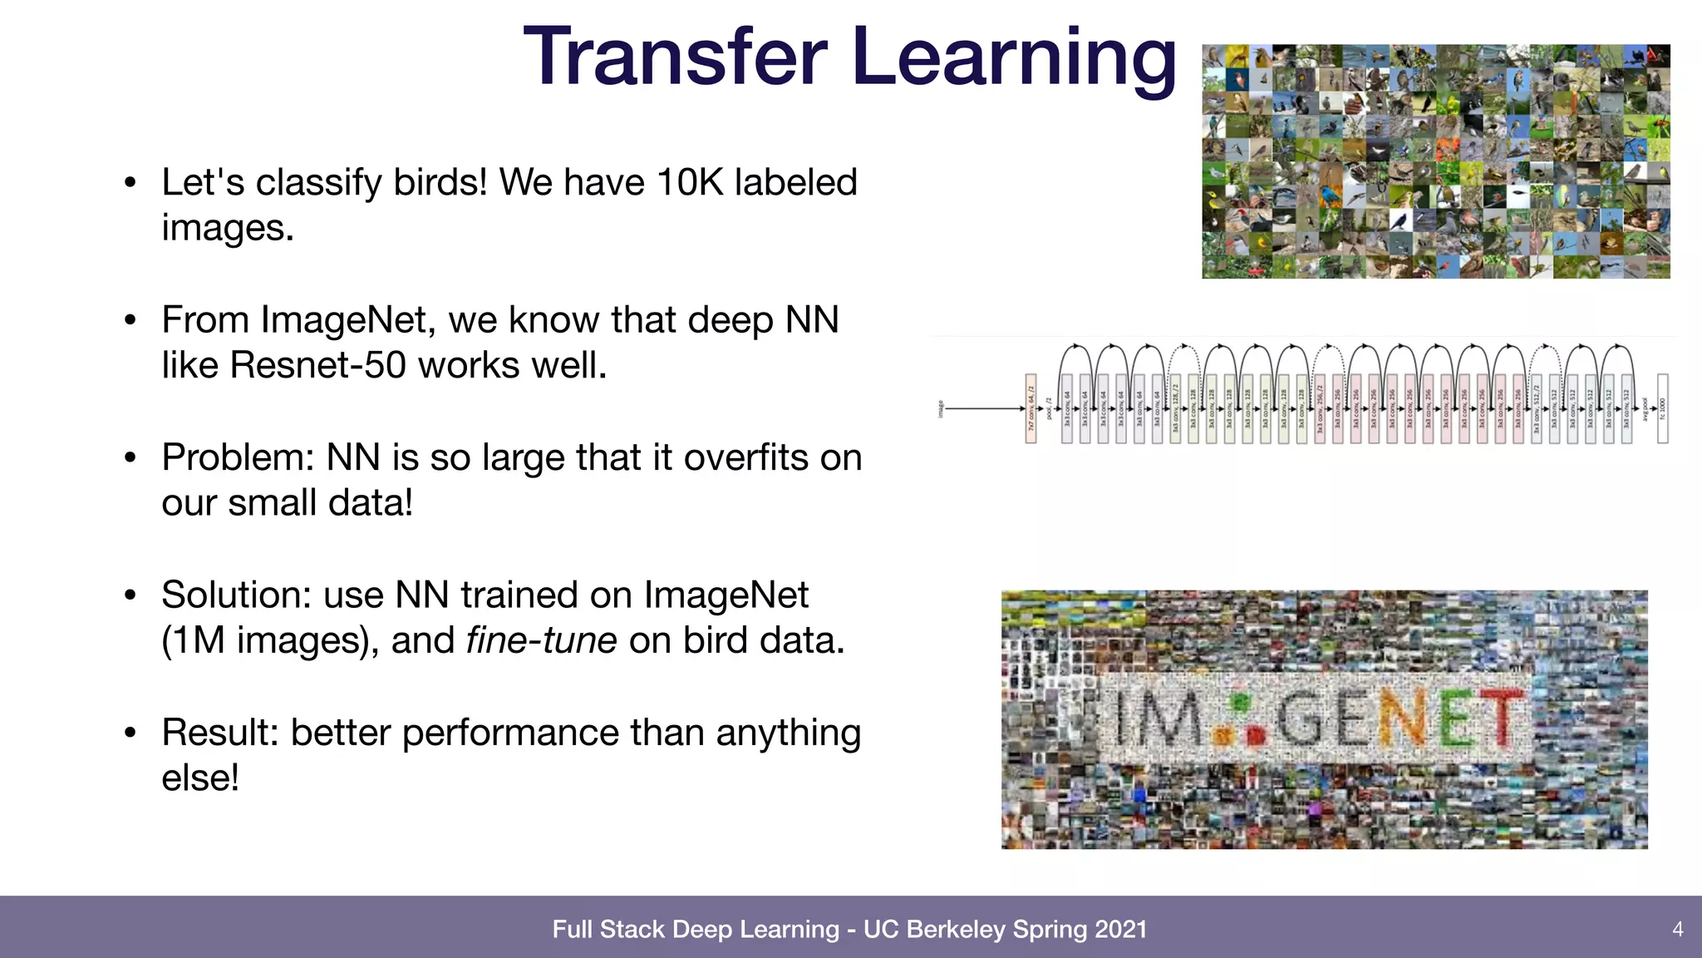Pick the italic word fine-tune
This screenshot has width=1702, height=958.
(x=542, y=640)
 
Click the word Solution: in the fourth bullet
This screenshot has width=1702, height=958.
(x=236, y=595)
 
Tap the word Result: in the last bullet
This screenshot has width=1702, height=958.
(x=219, y=733)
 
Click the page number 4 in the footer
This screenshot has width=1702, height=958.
(x=1677, y=929)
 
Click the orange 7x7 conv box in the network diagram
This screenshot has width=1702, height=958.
(x=1031, y=408)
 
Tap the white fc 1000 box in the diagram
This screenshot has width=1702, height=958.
(x=1662, y=408)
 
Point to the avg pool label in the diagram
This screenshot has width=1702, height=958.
(x=1644, y=408)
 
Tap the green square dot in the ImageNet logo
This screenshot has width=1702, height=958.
(x=1241, y=702)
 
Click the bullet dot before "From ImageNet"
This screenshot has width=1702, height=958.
(x=130, y=320)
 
